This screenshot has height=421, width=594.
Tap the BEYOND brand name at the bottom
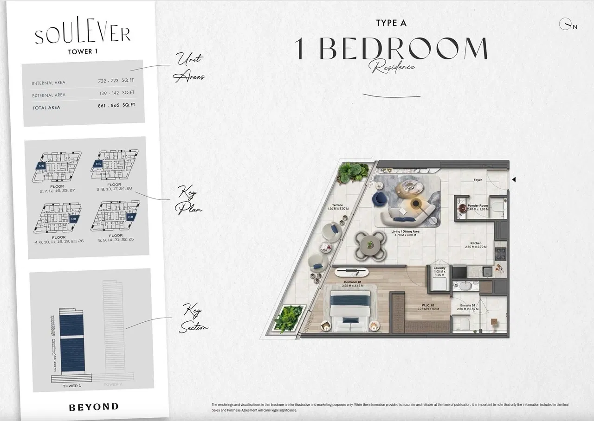(94, 407)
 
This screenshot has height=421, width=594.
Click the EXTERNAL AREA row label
(49, 96)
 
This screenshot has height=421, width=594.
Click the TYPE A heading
(391, 23)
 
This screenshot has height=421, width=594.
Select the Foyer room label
(478, 180)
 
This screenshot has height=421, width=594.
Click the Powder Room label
(478, 205)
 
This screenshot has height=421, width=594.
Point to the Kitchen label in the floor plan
(476, 243)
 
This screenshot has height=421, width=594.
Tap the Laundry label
(439, 268)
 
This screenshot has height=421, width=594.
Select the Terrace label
(337, 205)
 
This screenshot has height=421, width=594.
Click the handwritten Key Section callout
(194, 319)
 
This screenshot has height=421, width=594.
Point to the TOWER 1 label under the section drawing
(72, 386)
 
